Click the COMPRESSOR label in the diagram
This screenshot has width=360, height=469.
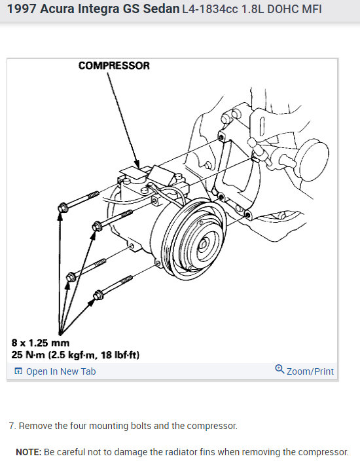[114, 66]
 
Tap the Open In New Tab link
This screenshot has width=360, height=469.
[61, 371]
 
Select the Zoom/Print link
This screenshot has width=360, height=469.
[310, 371]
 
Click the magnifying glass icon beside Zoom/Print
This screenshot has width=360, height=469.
[279, 369]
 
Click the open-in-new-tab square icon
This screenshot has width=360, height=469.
[18, 371]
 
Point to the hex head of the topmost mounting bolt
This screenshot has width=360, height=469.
[62, 207]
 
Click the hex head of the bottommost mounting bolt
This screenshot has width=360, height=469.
[98, 295]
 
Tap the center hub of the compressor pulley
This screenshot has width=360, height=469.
[204, 244]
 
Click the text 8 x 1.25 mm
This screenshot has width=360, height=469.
[41, 343]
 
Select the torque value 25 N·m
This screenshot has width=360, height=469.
[28, 355]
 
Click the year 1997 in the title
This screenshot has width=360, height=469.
[21, 9]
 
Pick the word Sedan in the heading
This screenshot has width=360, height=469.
[161, 9]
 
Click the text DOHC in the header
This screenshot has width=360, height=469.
[280, 9]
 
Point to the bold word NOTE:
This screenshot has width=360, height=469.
[28, 452]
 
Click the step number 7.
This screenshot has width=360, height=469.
[12, 426]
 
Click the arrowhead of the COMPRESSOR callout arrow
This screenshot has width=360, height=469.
[137, 165]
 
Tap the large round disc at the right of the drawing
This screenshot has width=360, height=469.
[314, 161]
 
